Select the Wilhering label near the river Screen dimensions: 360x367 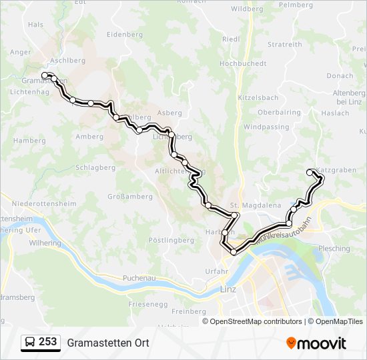(45, 243)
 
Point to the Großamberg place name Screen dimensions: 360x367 (130, 197)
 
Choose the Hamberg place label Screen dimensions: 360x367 (29, 141)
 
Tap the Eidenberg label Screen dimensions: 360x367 (125, 34)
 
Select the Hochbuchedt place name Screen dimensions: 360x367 (243, 63)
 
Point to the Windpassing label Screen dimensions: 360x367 (266, 127)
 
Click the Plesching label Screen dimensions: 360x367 (334, 249)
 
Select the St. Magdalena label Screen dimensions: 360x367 (256, 205)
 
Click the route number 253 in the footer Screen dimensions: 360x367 (47, 342)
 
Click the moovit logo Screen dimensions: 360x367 (316, 343)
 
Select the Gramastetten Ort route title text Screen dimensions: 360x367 (107, 343)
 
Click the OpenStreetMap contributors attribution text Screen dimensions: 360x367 (256, 321)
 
